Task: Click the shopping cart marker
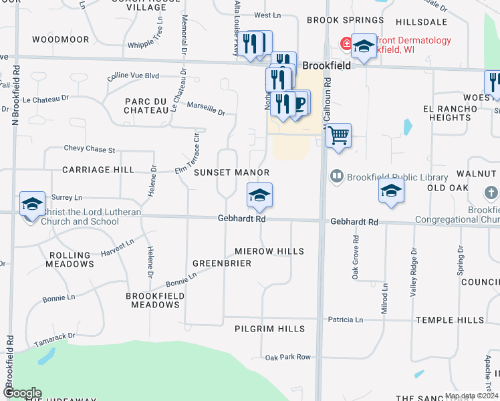(339, 136)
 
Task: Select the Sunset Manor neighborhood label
(231, 172)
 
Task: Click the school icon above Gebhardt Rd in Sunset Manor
(259, 196)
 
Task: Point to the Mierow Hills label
(269, 251)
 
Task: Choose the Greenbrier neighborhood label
(222, 263)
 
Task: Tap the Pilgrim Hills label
(269, 329)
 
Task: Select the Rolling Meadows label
(70, 259)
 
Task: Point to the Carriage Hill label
(98, 170)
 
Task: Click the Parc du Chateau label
(145, 105)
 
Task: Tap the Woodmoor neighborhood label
(60, 39)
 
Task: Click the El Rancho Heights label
(447, 113)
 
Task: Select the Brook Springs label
(338, 21)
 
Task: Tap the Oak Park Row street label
(288, 357)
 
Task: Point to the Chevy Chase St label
(90, 149)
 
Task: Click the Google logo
(21, 394)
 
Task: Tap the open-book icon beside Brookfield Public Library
(336, 176)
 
